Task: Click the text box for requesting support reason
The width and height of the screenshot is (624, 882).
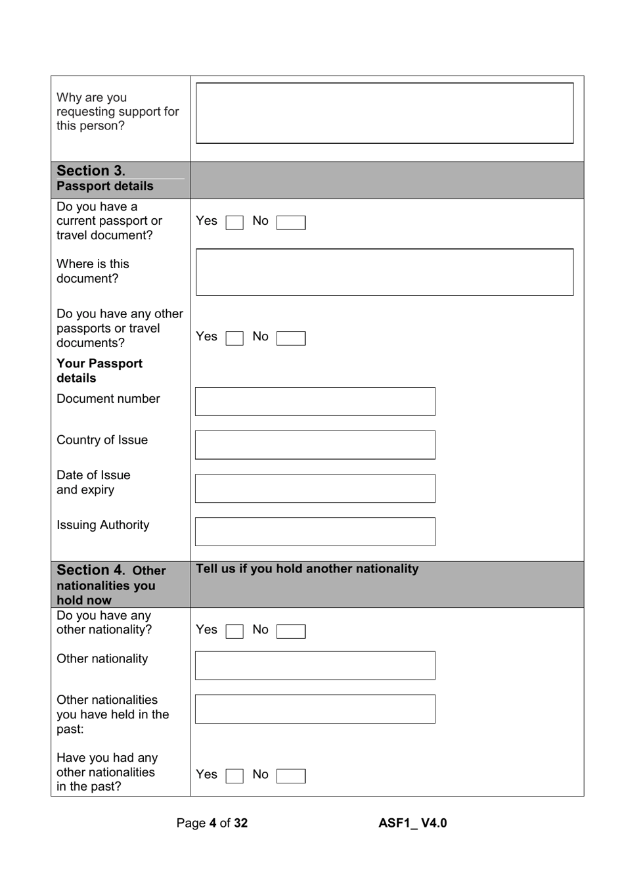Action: coord(384,113)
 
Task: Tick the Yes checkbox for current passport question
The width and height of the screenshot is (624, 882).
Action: coord(234,223)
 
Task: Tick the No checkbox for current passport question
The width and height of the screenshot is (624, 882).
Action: coord(290,223)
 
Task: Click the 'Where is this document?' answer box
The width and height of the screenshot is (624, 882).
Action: coord(384,272)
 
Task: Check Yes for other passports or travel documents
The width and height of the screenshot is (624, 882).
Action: coord(234,338)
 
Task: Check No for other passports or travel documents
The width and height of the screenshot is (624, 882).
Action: coord(290,338)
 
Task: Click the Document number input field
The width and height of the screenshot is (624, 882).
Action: coord(315,402)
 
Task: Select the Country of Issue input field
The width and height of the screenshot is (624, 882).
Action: coord(315,445)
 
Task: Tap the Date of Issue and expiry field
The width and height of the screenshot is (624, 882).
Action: coord(315,488)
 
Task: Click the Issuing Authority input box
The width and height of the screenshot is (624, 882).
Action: coord(315,532)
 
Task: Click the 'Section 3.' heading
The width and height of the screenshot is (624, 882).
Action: coord(91,171)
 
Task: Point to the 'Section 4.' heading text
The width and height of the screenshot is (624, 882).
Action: coord(91,570)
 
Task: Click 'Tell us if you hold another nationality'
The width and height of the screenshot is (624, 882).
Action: coord(307,569)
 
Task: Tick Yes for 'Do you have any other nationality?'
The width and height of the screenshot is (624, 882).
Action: coord(234,632)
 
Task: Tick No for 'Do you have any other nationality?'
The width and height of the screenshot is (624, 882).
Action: coord(290,632)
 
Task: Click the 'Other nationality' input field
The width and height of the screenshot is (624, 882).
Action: coord(315,666)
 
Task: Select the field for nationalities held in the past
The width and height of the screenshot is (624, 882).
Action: coord(315,709)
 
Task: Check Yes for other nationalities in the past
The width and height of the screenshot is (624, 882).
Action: coord(234,776)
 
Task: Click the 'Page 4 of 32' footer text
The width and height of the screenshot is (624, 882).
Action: coord(212,823)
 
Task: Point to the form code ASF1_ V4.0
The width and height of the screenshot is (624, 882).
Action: coord(412,823)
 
